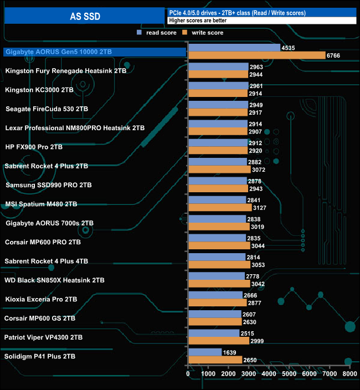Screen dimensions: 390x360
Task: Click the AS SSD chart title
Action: [x=85, y=17]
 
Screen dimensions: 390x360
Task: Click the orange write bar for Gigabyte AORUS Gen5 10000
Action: [x=256, y=55]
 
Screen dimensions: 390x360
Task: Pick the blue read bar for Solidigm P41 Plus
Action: [x=205, y=352]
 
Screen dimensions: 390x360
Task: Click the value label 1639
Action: [x=231, y=352]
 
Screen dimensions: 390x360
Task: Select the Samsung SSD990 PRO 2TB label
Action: [x=49, y=184]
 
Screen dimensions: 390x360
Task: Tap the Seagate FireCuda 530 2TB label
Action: [x=47, y=109]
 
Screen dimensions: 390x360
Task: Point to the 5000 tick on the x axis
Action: [x=289, y=374]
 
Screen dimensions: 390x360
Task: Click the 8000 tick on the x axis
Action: [x=349, y=374]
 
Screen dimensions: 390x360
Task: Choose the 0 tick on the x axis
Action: [x=189, y=374]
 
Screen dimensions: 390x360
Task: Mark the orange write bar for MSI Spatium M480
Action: [x=220, y=208]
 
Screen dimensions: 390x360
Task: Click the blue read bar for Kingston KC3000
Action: [x=218, y=86]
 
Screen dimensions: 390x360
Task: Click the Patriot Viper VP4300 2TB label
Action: [x=44, y=337]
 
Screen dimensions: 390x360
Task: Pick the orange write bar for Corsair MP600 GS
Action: [x=215, y=322]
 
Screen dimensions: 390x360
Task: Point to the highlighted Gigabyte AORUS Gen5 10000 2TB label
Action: [x=58, y=52]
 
